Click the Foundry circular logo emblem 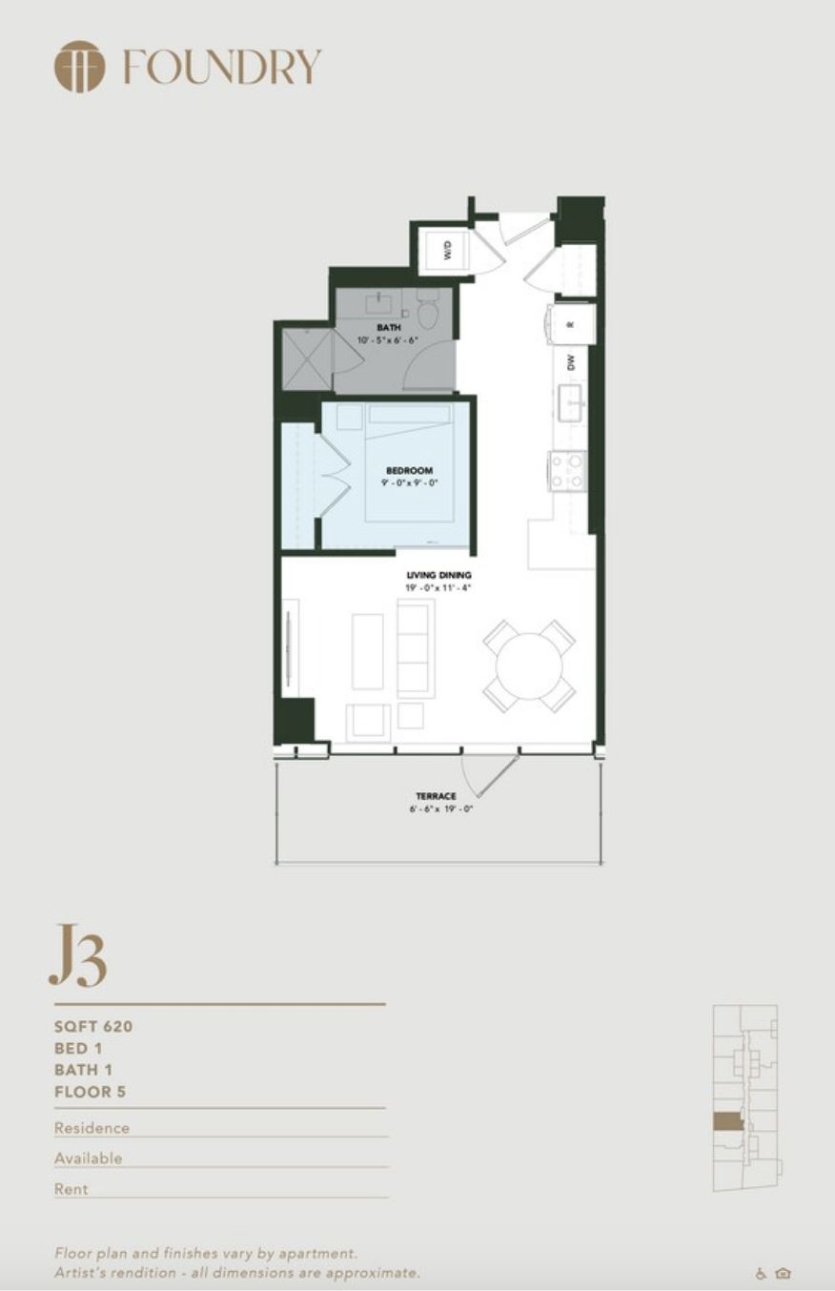(x=79, y=67)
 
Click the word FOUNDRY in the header (x=222, y=68)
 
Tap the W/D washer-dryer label (x=447, y=251)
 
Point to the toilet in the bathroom (x=427, y=309)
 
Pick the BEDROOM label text (x=409, y=470)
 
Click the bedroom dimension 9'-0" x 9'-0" (x=409, y=482)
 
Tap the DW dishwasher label (x=571, y=362)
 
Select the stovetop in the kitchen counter (x=566, y=470)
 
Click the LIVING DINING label (x=439, y=575)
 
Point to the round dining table (x=529, y=666)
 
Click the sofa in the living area (x=416, y=648)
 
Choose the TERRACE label (x=436, y=796)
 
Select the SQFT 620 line (x=93, y=1027)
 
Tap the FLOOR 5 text (x=90, y=1092)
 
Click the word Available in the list (x=89, y=1158)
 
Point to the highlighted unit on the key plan (x=726, y=1121)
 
